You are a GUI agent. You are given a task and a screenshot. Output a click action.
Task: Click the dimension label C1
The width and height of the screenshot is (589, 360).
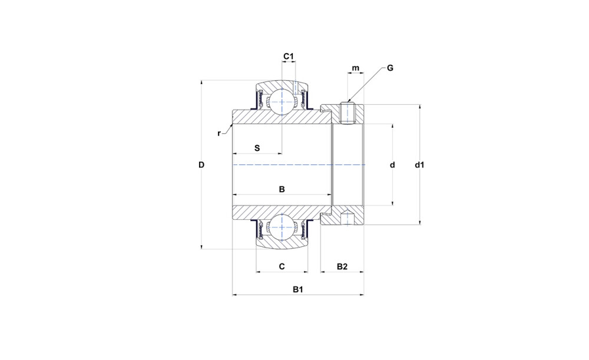point(288,57)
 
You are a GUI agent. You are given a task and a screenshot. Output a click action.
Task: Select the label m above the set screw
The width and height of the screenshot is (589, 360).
point(355,68)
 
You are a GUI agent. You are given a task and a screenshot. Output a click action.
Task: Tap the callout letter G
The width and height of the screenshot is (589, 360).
point(390,68)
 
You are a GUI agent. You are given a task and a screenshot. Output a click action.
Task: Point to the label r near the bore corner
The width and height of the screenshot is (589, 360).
point(219,133)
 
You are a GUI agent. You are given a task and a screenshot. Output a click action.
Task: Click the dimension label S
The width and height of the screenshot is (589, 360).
point(257,148)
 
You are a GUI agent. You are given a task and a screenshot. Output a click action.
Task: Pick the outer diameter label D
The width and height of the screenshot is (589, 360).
point(201,164)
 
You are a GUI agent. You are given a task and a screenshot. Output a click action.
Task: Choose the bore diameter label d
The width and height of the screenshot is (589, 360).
point(392,165)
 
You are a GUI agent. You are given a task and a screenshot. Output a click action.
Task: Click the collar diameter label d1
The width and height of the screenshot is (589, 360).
point(419,164)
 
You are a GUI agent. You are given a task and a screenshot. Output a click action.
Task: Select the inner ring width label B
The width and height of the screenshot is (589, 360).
point(282,189)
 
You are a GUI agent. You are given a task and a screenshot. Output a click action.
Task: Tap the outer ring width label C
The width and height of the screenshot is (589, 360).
point(282,266)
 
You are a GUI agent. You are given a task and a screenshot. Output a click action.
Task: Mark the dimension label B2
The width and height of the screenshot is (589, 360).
point(342,266)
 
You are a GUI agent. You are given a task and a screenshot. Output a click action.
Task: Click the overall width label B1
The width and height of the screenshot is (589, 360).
point(298,290)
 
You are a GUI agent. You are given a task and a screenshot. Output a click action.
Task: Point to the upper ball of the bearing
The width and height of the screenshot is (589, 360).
point(282,101)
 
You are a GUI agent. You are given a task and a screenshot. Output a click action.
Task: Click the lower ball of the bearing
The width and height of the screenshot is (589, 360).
point(282,227)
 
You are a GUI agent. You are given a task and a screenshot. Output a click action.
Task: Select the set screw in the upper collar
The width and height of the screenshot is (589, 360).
point(348,113)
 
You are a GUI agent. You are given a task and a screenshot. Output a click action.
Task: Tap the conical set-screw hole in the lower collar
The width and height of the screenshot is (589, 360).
point(348,217)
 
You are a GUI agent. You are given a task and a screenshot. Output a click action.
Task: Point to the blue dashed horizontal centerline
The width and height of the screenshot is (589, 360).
point(299,164)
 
